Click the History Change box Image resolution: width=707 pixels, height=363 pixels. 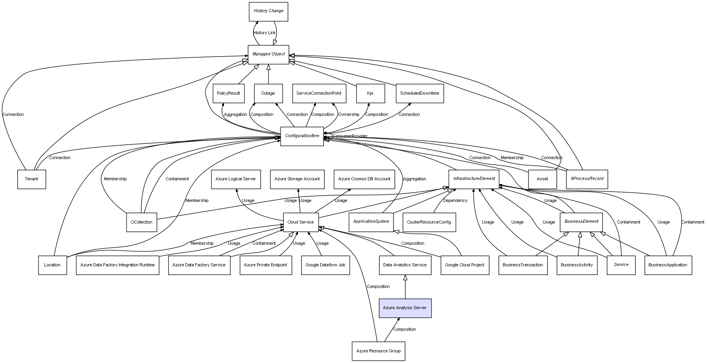pyautogui.click(x=268, y=11)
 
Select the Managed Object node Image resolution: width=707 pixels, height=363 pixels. pyautogui.click(x=268, y=54)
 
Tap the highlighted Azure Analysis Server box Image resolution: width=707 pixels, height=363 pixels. pyautogui.click(x=405, y=308)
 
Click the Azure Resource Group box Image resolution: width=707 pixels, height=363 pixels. pyautogui.click(x=378, y=351)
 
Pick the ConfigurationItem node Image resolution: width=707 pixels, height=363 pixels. pyautogui.click(x=302, y=136)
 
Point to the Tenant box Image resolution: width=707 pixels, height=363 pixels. pyautogui.click(x=31, y=179)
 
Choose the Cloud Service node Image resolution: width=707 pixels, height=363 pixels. pyautogui.click(x=300, y=222)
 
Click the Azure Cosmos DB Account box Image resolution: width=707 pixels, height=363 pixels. pyautogui.click(x=364, y=179)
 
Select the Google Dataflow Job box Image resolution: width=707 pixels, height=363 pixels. pyautogui.click(x=325, y=265)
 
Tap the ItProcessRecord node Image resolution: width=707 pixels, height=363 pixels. pyautogui.click(x=587, y=179)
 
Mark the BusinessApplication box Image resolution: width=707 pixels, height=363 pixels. pyautogui.click(x=668, y=265)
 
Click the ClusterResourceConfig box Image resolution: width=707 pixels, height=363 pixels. pyautogui.click(x=429, y=222)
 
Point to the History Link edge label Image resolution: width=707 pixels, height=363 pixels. pyautogui.click(x=264, y=33)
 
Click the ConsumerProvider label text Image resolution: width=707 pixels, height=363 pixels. pyautogui.click(x=350, y=136)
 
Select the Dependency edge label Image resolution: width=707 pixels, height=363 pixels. pyautogui.click(x=455, y=201)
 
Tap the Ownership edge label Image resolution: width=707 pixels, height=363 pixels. pyautogui.click(x=349, y=115)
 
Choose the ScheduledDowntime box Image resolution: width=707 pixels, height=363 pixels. pyautogui.click(x=419, y=93)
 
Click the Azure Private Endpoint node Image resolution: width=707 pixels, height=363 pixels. pyautogui.click(x=265, y=265)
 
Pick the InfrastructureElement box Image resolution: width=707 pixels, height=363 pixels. pyautogui.click(x=474, y=179)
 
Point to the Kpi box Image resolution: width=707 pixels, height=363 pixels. pyautogui.click(x=370, y=93)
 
